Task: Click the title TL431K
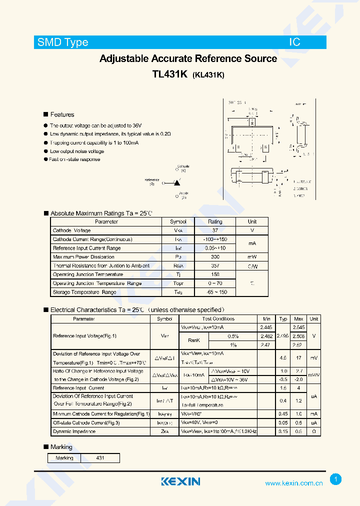click(169, 74)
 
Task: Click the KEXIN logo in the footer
click(180, 481)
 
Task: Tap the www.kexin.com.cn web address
click(293, 483)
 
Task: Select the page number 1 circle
click(336, 479)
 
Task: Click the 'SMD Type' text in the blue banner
click(63, 42)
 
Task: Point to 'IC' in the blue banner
click(294, 42)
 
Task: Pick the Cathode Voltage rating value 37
click(215, 230)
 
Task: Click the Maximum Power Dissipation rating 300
click(215, 257)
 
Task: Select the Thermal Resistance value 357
click(215, 266)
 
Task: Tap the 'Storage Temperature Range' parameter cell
click(84, 292)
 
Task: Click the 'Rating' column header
click(215, 221)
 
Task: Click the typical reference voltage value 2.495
click(283, 336)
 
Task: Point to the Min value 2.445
click(266, 327)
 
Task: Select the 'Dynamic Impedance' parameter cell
click(74, 431)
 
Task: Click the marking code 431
click(100, 458)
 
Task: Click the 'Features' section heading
click(62, 114)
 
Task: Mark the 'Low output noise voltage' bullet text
click(77, 151)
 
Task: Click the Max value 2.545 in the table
click(298, 327)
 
